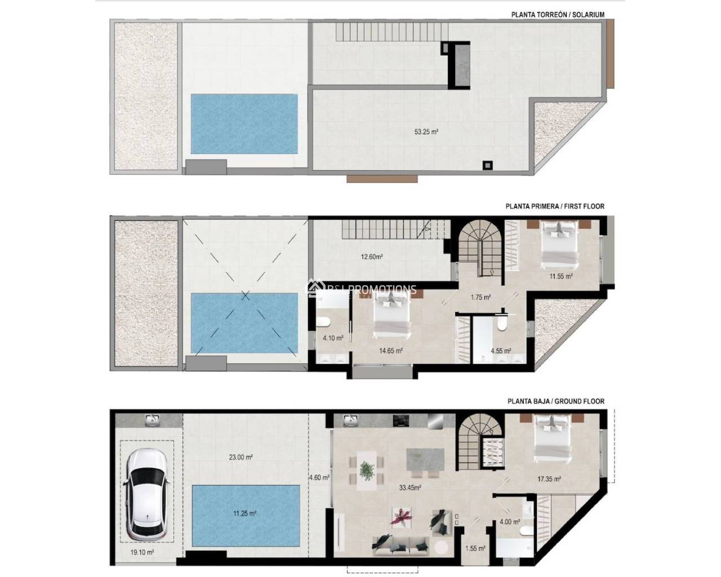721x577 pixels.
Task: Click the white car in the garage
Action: pos(146,494)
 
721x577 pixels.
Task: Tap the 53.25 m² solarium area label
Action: pos(426,132)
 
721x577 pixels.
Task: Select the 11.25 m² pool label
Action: pos(245,513)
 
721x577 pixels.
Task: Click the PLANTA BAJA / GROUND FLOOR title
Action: pos(555,401)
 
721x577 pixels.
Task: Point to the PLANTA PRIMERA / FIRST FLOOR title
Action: pos(555,206)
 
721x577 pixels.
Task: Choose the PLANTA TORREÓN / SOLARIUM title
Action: pos(558,15)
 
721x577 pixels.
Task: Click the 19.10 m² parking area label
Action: pos(142,552)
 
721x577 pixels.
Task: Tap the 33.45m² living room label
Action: pos(411,488)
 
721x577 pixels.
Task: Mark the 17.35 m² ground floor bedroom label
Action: pos(549,480)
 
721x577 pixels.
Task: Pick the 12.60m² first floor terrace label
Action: pos(372,257)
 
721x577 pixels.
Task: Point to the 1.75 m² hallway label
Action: pos(480,297)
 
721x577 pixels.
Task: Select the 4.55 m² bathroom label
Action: pos(501,350)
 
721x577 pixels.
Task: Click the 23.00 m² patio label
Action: pos(241,458)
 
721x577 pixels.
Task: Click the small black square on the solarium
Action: pos(487,165)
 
